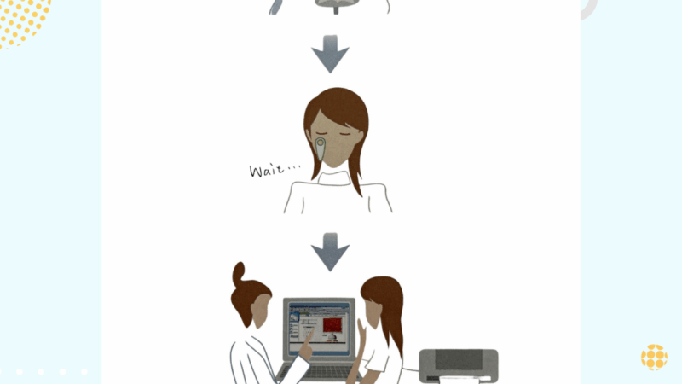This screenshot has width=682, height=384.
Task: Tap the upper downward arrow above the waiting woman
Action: [x=330, y=54]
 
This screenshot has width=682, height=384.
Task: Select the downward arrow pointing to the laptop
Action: [x=330, y=252]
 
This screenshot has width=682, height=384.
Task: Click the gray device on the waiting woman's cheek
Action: [x=321, y=148]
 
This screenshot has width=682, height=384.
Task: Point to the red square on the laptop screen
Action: [x=332, y=325]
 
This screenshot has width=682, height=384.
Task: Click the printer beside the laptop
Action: [x=459, y=366]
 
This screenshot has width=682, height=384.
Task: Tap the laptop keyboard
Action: [x=318, y=372]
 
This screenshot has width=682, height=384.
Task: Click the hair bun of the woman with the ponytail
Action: [x=239, y=273]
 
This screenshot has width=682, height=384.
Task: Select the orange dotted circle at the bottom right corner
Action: [x=654, y=358]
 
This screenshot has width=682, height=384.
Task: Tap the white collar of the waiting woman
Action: [x=334, y=178]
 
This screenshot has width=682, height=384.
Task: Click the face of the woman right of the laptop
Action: [x=373, y=312]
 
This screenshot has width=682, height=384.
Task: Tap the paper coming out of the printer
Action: [x=458, y=381]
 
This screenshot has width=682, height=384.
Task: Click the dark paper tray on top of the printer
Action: [x=459, y=359]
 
